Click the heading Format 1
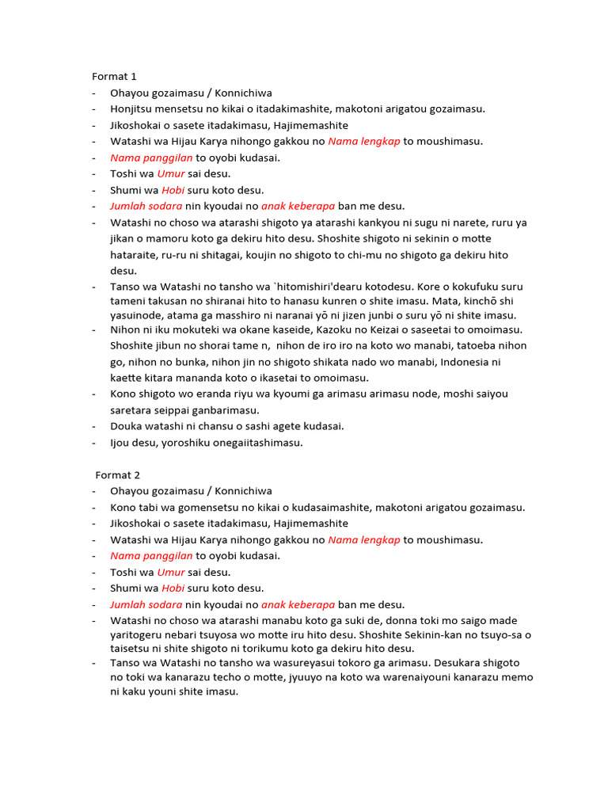coord(115,77)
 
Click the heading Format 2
coord(118,475)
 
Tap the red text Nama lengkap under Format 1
coord(364,142)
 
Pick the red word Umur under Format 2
coord(171,573)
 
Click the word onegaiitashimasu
coord(258,443)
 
